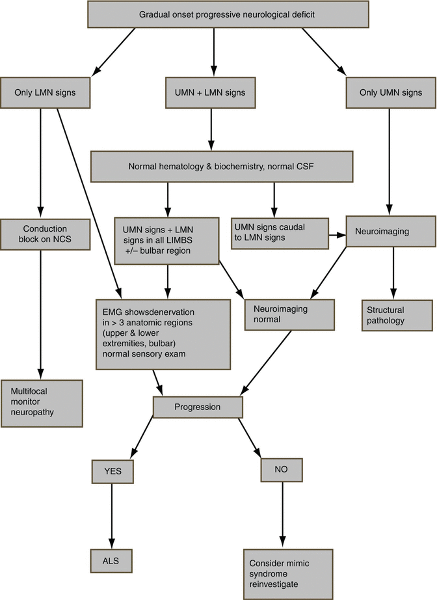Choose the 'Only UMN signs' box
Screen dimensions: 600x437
[x=390, y=92]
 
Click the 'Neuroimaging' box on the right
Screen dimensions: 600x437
[x=390, y=231]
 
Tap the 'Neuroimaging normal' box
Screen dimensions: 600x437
[x=289, y=315]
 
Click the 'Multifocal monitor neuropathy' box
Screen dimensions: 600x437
[x=42, y=403]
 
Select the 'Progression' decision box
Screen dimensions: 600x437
[x=198, y=407]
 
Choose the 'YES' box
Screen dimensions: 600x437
[x=113, y=470]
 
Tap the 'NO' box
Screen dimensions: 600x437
[x=282, y=469]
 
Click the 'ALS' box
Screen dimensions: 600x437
[x=113, y=559]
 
